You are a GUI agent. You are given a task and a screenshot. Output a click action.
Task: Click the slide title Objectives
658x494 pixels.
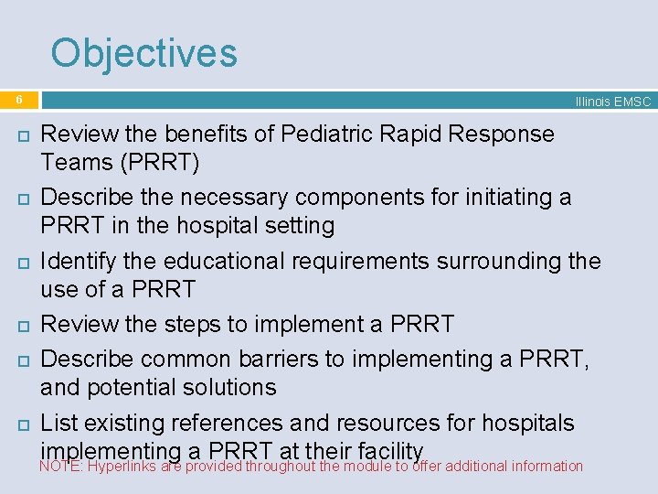pyautogui.click(x=143, y=53)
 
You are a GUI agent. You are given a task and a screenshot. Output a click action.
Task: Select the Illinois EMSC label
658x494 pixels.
pyautogui.click(x=612, y=102)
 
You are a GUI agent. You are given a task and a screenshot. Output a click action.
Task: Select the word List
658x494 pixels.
pyautogui.click(x=60, y=423)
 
